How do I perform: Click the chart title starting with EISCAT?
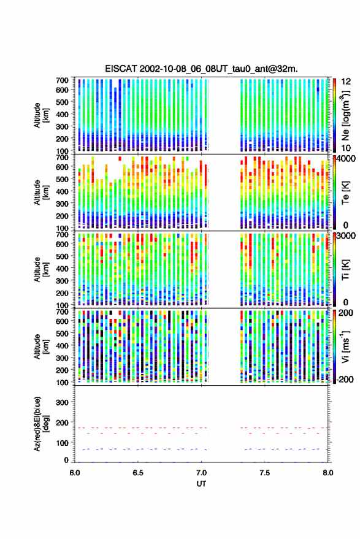pos(201,69)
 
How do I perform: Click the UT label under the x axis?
pos(201,484)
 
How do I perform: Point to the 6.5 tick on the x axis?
pos(138,473)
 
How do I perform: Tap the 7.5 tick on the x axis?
pos(264,473)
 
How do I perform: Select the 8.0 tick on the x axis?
pos(327,473)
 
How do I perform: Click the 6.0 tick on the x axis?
pos(75,473)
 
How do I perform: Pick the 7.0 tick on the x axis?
pos(201,473)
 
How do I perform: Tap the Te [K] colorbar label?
pos(345,193)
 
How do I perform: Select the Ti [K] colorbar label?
pos(345,270)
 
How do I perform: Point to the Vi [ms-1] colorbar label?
pos(345,347)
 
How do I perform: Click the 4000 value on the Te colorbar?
pos(347,159)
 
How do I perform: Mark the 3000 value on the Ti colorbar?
pos(347,236)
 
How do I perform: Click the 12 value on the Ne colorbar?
pos(346,82)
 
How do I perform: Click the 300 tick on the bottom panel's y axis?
pos(62,402)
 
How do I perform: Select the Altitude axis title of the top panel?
pos(41,115)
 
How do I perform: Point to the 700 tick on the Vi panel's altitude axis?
pos(62,312)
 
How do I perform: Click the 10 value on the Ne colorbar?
pos(346,148)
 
